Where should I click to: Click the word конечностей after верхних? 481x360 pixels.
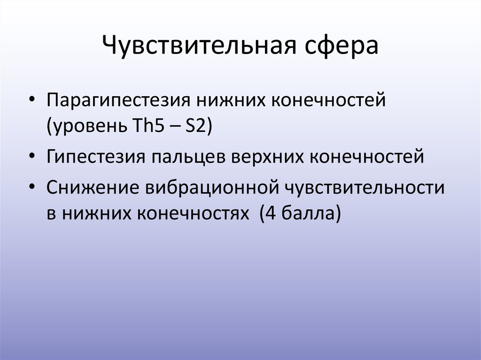[366, 156]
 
